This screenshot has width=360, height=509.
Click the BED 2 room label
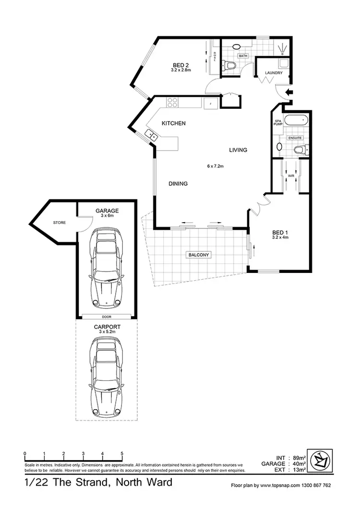click(x=181, y=65)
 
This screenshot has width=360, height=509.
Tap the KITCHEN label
click(x=173, y=123)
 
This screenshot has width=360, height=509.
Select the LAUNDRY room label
click(x=274, y=73)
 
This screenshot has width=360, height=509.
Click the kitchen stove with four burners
click(x=172, y=102)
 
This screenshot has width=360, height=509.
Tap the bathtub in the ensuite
click(x=295, y=121)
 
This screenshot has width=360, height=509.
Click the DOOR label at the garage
click(x=106, y=316)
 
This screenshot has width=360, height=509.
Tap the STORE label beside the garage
click(x=60, y=223)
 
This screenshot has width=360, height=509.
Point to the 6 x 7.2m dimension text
click(x=216, y=166)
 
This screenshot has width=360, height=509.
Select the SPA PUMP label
click(x=277, y=123)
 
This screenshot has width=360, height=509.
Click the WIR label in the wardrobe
click(x=291, y=176)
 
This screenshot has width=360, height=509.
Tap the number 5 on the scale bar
click(x=122, y=453)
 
